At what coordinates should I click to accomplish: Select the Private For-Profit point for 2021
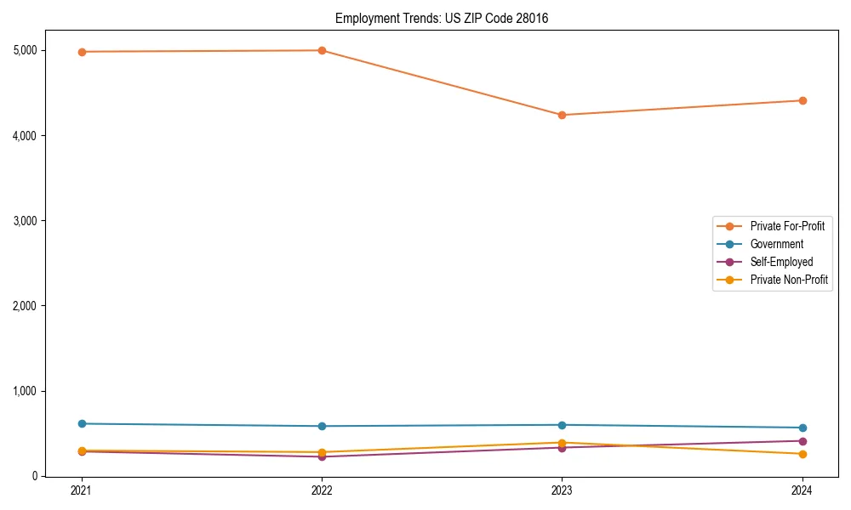tap(82, 52)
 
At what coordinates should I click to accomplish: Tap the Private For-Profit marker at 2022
tap(322, 50)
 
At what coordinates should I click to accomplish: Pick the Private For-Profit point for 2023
tap(562, 115)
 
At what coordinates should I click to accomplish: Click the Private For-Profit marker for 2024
tap(802, 100)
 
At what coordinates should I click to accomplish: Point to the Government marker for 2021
tap(82, 423)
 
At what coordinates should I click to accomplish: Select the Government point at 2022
tap(322, 426)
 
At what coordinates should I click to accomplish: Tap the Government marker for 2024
tap(802, 428)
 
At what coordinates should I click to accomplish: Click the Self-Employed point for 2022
tap(322, 456)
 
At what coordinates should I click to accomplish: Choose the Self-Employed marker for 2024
tap(802, 440)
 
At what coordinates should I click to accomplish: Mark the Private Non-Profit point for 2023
tap(562, 443)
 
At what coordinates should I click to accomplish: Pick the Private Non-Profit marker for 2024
tap(802, 454)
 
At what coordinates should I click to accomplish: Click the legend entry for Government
tap(776, 244)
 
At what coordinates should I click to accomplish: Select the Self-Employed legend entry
tap(781, 262)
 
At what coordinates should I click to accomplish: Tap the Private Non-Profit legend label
tap(789, 280)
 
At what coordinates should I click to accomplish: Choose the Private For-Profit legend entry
tap(787, 226)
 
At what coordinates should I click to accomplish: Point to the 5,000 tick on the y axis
tap(26, 50)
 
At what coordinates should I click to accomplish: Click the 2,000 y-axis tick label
tap(26, 306)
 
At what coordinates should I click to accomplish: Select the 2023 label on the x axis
tap(562, 490)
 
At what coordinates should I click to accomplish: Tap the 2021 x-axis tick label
tap(82, 490)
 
